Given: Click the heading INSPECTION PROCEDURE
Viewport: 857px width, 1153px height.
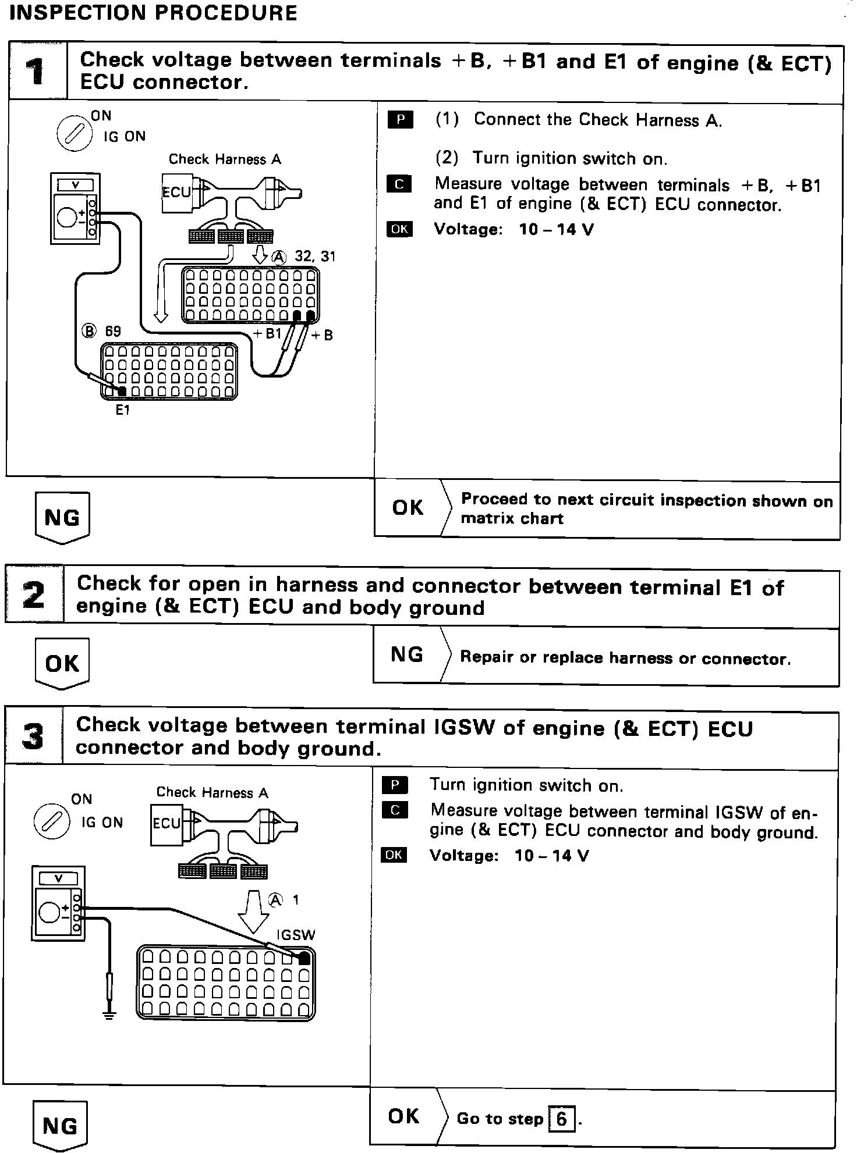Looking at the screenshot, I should [154, 13].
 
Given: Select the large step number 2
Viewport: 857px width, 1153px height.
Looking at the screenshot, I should [34, 596].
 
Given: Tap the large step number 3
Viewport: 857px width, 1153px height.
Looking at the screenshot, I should [33, 737].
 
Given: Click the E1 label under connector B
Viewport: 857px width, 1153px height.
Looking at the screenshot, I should [122, 410].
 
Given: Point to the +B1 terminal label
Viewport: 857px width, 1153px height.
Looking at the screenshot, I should [267, 333].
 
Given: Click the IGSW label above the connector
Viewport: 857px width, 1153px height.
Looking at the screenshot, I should [296, 935].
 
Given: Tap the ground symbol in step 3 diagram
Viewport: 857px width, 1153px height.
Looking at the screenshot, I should [109, 1015].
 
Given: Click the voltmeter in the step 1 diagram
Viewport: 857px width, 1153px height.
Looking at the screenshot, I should [74, 208].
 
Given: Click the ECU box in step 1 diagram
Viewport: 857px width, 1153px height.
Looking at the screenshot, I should [176, 192].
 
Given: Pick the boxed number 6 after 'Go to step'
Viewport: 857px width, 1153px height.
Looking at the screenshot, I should [561, 1119].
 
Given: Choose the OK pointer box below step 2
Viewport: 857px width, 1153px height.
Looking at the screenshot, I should [62, 663].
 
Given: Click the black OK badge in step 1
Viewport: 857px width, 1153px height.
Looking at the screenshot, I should [399, 229].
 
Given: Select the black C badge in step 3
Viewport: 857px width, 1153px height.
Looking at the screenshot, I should [395, 810].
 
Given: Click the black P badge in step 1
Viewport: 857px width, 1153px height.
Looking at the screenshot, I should [400, 120].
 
